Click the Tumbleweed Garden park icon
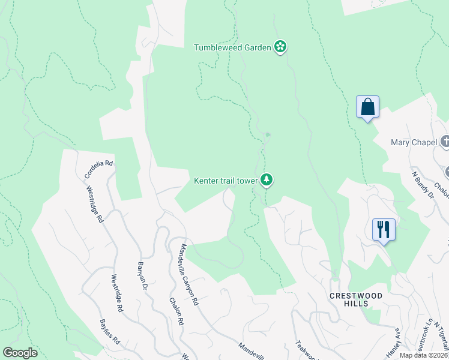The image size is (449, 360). (280, 47)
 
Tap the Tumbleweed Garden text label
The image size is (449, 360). (233, 47)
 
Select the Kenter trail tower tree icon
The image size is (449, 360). (267, 179)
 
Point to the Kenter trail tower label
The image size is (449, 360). (225, 180)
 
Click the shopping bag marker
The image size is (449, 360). (367, 107)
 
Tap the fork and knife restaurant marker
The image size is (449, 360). (384, 230)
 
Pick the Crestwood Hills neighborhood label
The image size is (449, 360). (348, 300)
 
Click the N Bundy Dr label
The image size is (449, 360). (423, 184)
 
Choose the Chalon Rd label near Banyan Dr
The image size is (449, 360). (176, 311)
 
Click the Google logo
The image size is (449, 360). (20, 353)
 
